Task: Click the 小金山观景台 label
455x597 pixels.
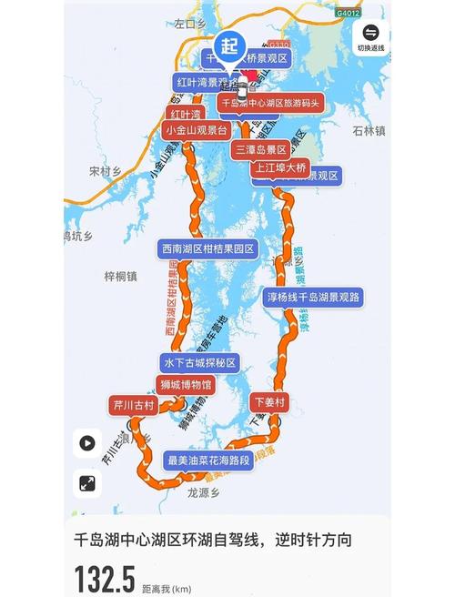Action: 193,130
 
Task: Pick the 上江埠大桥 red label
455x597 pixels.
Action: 281,167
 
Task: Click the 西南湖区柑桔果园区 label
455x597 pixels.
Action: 207,248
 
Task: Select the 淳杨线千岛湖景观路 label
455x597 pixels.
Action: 314,297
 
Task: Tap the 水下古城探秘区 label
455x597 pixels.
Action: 199,362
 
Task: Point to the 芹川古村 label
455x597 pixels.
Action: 133,405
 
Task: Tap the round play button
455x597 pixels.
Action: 87,443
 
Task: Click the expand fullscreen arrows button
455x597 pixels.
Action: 87,484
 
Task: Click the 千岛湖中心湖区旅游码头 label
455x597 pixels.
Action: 272,104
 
